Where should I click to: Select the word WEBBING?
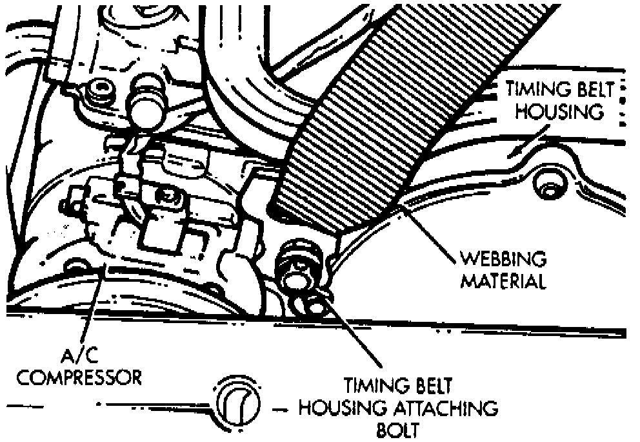click(503, 260)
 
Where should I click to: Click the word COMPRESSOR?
click(79, 377)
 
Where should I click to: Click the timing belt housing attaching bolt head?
click(298, 265)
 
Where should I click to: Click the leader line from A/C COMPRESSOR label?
click(94, 310)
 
